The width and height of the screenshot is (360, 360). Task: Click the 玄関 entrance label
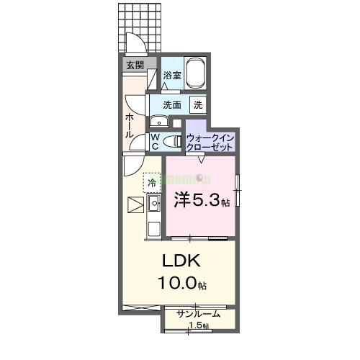click(135, 66)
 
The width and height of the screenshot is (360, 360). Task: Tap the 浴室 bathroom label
click(171, 75)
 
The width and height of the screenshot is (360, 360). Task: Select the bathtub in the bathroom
click(197, 74)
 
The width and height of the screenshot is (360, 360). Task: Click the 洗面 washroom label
click(171, 105)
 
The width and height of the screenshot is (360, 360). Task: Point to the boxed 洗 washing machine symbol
click(197, 105)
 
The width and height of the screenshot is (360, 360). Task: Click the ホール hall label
click(130, 125)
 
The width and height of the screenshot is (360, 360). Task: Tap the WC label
click(155, 141)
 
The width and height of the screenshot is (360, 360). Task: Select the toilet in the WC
click(171, 141)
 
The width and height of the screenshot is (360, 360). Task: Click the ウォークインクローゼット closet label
click(210, 141)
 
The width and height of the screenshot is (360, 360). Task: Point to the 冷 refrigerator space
click(151, 183)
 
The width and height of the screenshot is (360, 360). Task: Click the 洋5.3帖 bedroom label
click(201, 202)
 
